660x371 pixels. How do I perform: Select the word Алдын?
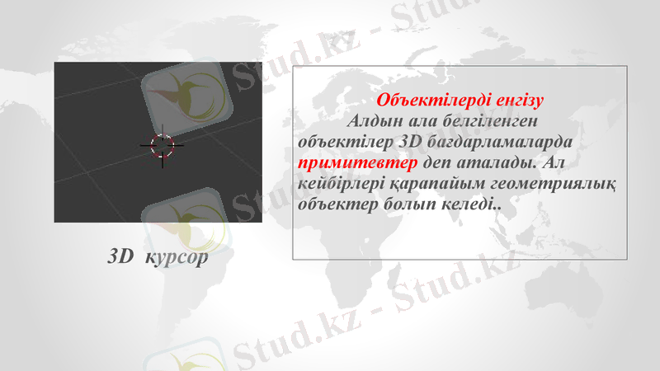click(x=376, y=121)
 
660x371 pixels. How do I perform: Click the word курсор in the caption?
click(x=176, y=257)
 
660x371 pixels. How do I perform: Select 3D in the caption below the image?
click(x=120, y=256)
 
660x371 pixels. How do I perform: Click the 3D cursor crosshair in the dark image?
click(x=163, y=146)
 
